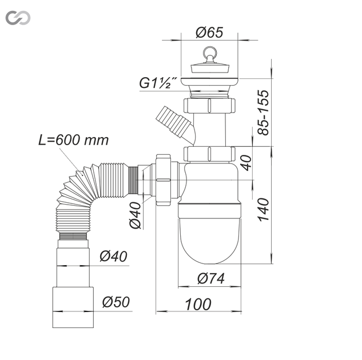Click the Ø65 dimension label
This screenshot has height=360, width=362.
click(209, 33)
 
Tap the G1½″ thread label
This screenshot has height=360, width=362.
click(158, 83)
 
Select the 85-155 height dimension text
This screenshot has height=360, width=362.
click(264, 113)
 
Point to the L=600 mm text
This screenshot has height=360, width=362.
click(73, 140)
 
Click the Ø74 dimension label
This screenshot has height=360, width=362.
click(211, 278)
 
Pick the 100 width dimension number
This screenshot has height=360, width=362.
click(198, 304)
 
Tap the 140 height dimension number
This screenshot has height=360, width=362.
click(264, 210)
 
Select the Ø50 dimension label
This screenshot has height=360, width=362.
click(116, 302)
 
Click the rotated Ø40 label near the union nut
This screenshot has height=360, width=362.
click(135, 215)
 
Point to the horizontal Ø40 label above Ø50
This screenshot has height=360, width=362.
click(113, 257)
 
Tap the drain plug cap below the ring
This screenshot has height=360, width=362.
click(210, 67)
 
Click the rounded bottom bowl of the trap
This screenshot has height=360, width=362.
click(209, 241)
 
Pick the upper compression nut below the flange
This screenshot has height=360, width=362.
click(209, 106)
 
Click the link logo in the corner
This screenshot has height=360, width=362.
click(18, 18)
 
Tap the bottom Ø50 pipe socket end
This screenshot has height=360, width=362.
click(73, 307)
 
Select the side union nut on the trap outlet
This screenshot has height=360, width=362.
click(163, 180)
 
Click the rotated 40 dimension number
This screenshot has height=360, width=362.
click(247, 163)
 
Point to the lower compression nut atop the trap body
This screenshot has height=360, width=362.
click(209, 154)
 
